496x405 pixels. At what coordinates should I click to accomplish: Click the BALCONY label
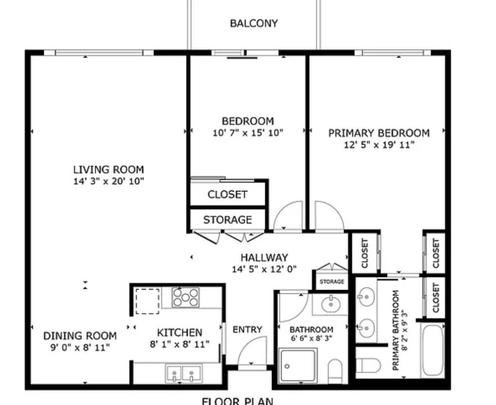point(254,24)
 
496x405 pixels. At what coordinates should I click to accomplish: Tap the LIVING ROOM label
point(109,170)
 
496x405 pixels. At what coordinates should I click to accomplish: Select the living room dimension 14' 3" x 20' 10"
point(109,181)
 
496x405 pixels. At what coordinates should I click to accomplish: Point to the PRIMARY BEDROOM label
point(379,133)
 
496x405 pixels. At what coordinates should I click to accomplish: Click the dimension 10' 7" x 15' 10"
point(248,133)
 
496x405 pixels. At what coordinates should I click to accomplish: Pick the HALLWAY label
point(265,257)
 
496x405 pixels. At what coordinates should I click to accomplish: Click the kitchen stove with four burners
point(186,297)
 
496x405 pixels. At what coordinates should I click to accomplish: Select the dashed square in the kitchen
point(147,301)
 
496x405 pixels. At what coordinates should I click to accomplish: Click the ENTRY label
point(247,330)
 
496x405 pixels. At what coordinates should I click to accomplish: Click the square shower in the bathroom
point(298,366)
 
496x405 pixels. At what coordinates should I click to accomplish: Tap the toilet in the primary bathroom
point(368,366)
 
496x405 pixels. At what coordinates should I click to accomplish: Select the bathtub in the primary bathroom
point(433,350)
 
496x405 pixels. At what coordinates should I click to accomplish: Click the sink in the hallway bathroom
point(331,304)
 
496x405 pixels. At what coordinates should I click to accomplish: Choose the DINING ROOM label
point(80,336)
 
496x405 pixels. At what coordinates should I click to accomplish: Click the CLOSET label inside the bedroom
point(228,195)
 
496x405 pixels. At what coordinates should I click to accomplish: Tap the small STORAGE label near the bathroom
point(332,282)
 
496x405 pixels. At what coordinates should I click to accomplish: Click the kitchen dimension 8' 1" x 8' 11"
point(179,344)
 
